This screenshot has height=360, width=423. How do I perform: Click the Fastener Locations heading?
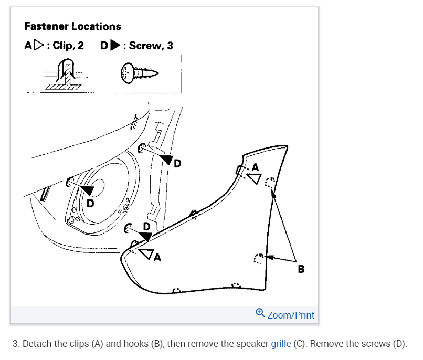pos(72,26)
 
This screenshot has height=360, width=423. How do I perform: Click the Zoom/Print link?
pos(291,315)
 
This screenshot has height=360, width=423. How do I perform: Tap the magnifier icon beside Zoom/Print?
pos(260,313)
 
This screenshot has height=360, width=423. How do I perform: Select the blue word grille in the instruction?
pos(281,344)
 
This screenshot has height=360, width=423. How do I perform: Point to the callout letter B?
pos(301,269)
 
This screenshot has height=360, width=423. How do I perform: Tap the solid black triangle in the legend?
pos(115,46)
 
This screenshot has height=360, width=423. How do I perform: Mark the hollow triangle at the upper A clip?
pos(254,178)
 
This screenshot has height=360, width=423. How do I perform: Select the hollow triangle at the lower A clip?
pos(147,255)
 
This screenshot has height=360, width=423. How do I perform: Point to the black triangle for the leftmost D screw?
pos(87,190)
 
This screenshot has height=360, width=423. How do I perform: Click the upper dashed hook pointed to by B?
pos(269,184)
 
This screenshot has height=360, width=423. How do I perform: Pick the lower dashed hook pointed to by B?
pos(259,258)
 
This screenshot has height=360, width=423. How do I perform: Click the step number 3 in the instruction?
pos(15,344)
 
